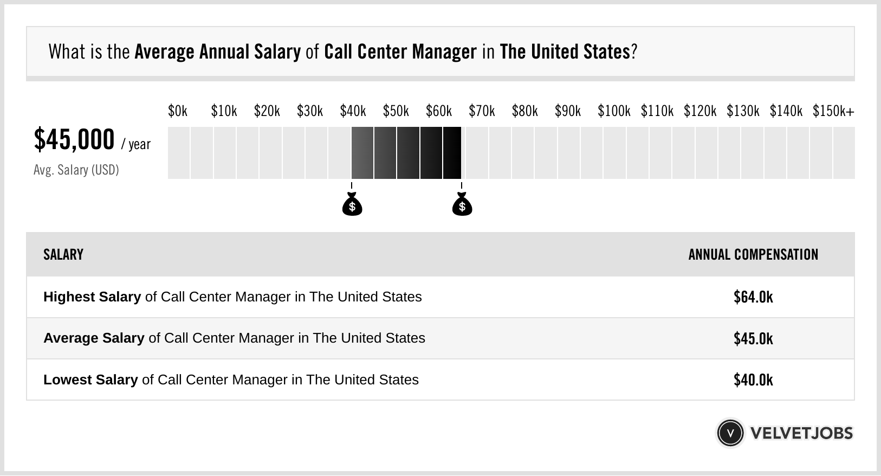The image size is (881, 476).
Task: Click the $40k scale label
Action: (x=353, y=111)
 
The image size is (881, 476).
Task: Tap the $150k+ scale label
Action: (x=833, y=111)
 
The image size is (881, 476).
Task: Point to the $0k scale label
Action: (x=177, y=111)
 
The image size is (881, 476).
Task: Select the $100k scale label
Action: (x=613, y=111)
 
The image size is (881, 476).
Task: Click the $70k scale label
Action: (x=482, y=111)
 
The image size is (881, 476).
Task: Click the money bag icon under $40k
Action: (x=352, y=205)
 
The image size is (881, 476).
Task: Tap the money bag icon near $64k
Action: (x=462, y=205)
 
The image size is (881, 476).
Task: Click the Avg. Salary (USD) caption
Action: (x=76, y=170)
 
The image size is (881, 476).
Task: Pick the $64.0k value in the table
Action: (x=753, y=297)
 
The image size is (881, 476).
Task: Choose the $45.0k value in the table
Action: (x=753, y=339)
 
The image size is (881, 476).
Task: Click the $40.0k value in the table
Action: (x=753, y=380)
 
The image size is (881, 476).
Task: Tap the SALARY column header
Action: (x=63, y=255)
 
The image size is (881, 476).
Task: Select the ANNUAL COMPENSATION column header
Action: (x=753, y=255)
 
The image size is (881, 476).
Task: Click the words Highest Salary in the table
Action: (x=92, y=297)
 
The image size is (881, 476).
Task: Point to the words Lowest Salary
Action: (x=90, y=380)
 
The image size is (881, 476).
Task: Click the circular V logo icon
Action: (x=730, y=433)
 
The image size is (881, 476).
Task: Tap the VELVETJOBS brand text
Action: (x=801, y=433)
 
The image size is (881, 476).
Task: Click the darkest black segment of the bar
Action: (x=452, y=153)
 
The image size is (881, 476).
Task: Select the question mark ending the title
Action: (x=634, y=52)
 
